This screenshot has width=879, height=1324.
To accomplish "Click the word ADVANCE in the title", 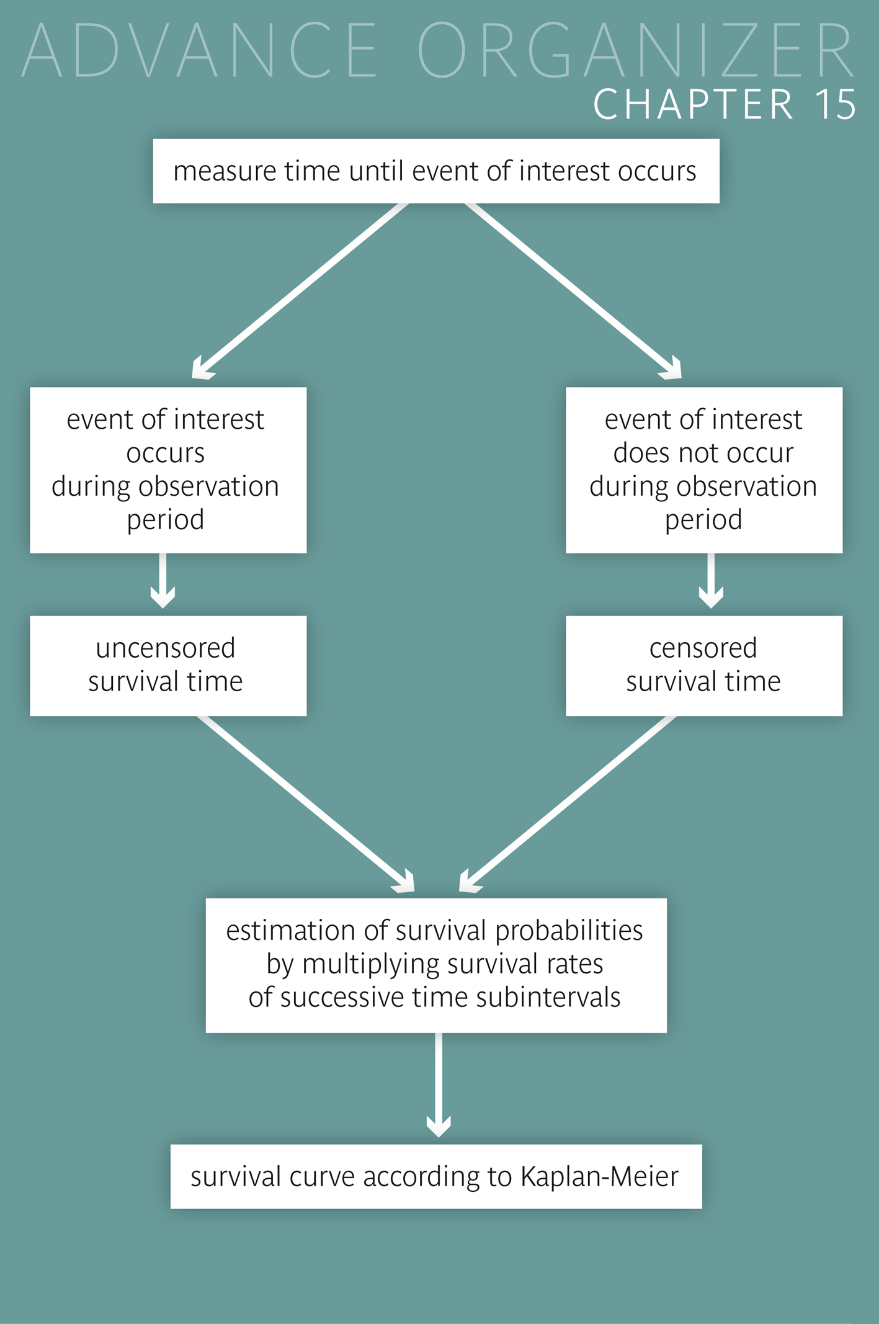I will [x=200, y=51].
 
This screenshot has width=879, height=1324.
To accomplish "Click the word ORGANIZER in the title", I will [x=636, y=51].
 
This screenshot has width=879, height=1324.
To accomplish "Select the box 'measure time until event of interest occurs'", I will [x=436, y=171].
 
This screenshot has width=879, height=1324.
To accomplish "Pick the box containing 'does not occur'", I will [x=703, y=470].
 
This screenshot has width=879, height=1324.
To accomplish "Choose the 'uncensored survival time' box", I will [x=167, y=665].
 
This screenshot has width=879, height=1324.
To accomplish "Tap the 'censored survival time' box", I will [x=703, y=665].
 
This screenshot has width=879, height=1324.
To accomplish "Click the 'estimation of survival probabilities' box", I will [x=436, y=965].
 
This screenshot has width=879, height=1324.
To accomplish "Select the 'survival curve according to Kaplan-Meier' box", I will [x=436, y=1176].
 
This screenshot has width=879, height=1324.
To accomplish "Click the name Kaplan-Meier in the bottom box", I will [x=600, y=1177].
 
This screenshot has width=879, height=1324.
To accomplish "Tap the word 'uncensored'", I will [x=166, y=648].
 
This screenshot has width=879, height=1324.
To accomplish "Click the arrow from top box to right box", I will [x=574, y=290].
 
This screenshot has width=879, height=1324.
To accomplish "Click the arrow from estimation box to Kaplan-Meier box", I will [x=439, y=1086].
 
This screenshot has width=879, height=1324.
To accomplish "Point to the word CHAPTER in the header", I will [x=694, y=104].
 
